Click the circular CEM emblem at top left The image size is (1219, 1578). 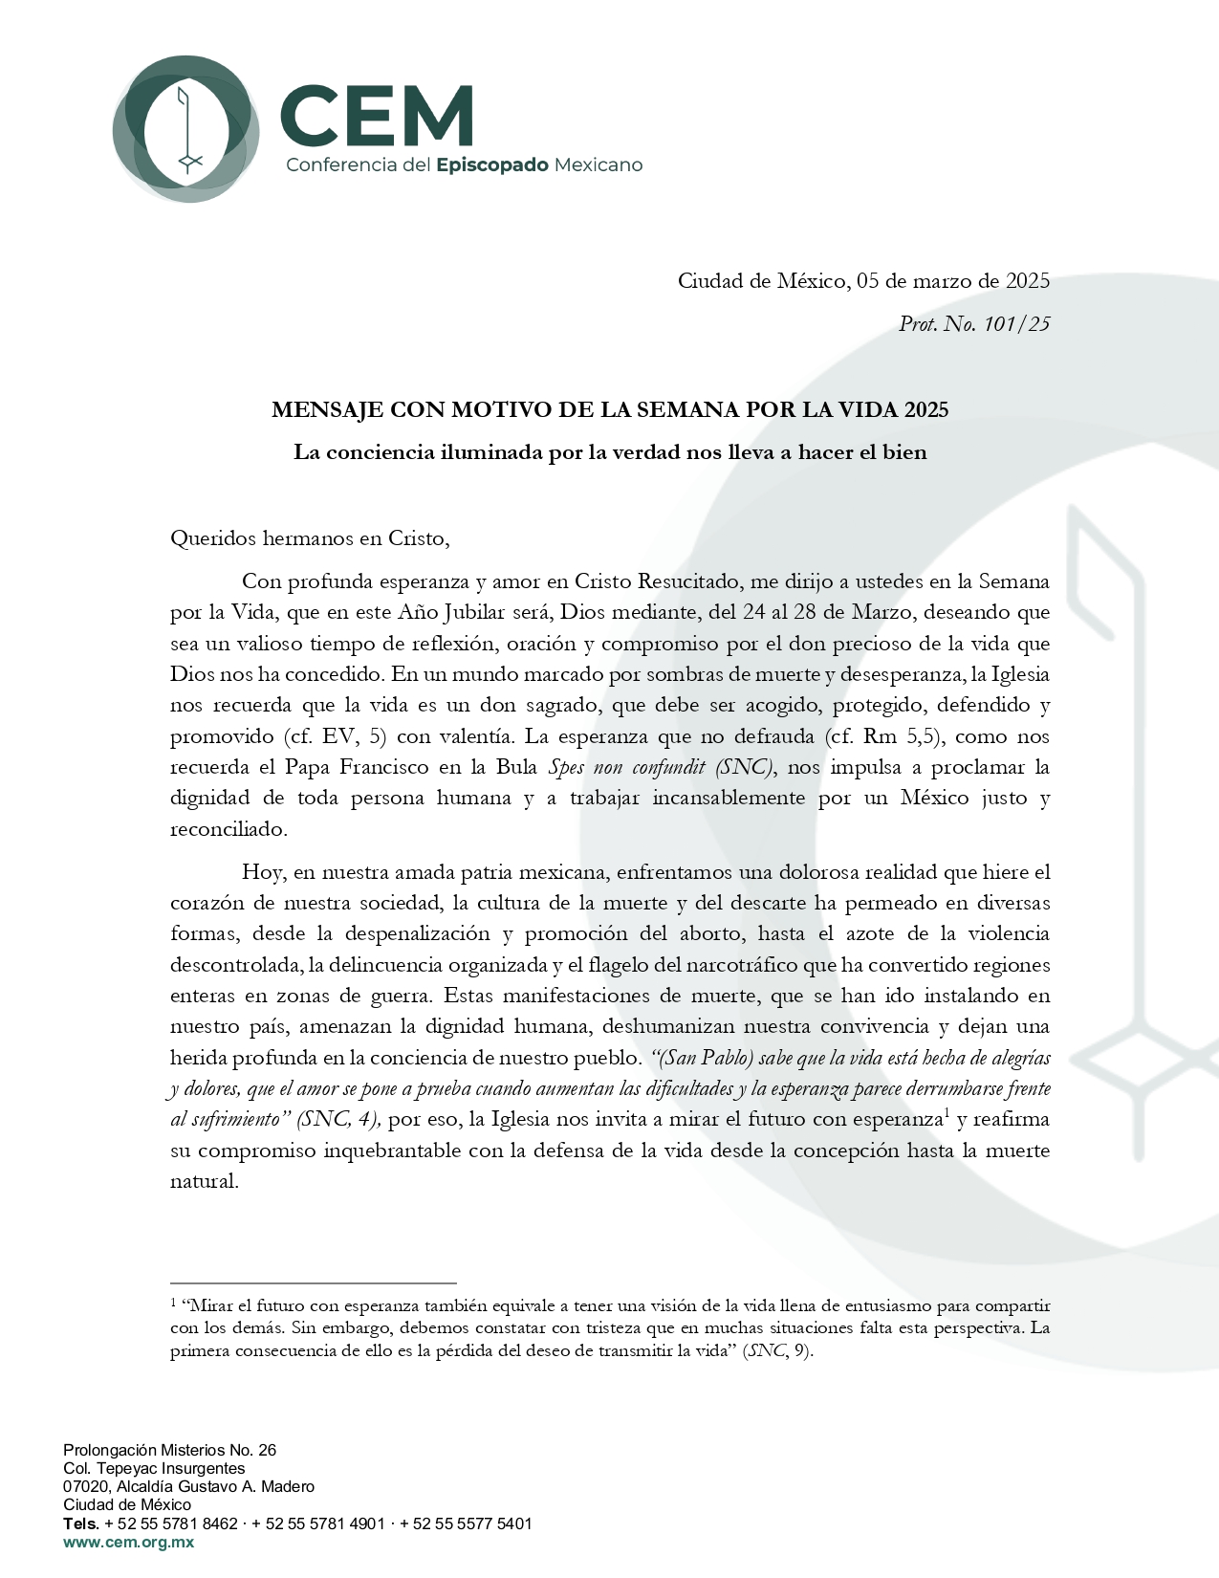tap(185, 127)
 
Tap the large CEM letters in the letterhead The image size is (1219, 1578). tap(377, 116)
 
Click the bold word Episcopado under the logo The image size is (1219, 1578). tap(491, 164)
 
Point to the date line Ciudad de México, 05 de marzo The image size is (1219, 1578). tap(863, 280)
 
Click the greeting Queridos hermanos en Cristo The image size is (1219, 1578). tap(310, 537)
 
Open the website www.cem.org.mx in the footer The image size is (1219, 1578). tap(128, 1542)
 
